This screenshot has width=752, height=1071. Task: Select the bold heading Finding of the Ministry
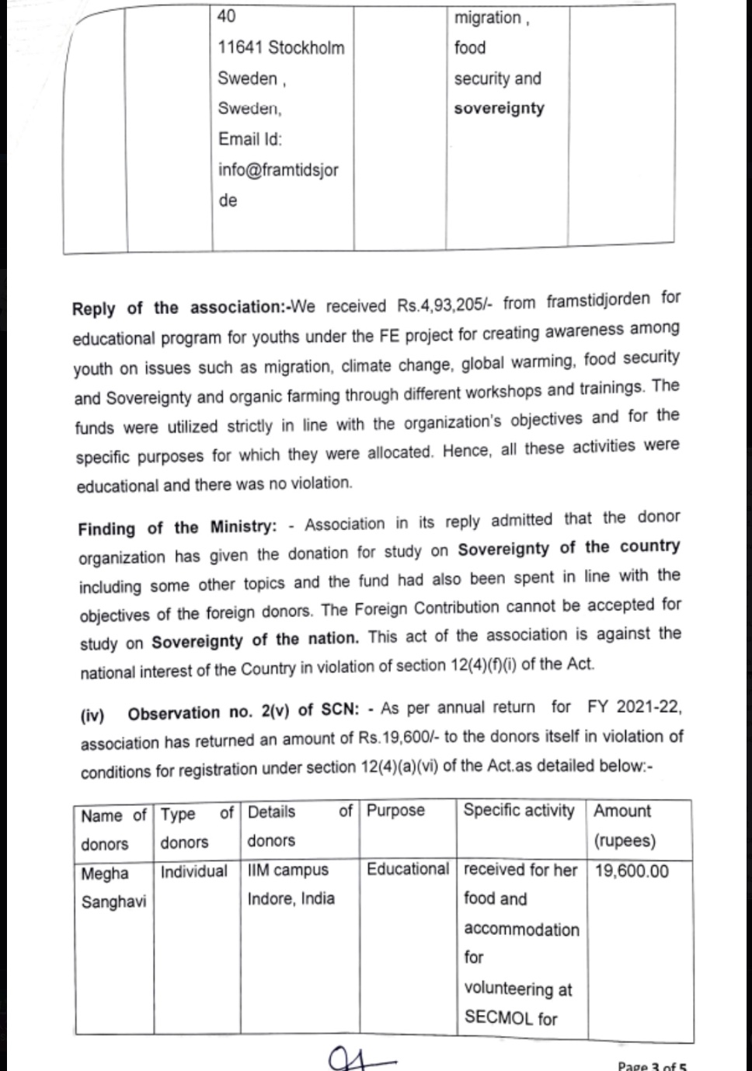(x=176, y=528)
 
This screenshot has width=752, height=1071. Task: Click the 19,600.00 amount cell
(x=632, y=870)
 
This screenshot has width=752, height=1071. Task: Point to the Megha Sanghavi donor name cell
(x=113, y=888)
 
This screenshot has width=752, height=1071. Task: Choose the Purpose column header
(x=395, y=811)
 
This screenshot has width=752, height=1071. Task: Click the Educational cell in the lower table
(x=408, y=869)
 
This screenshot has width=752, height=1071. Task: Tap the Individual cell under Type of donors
(x=193, y=871)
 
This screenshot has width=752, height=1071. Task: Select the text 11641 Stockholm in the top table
(x=280, y=47)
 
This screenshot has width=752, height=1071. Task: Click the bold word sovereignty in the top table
(x=499, y=108)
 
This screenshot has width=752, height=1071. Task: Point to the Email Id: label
(x=250, y=139)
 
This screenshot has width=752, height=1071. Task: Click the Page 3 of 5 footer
(x=652, y=1066)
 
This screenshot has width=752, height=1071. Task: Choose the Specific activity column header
(x=518, y=810)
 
